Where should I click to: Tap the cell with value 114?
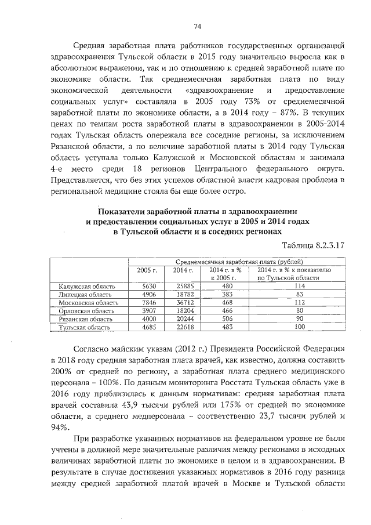click(x=299, y=286)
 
